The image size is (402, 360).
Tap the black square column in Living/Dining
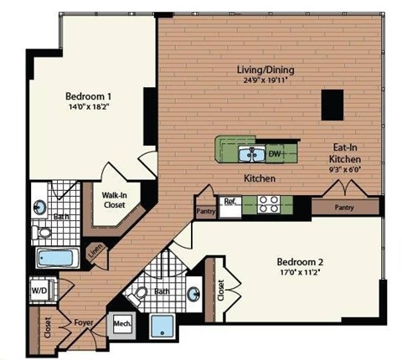(x=332, y=105)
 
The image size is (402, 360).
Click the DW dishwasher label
(x=274, y=154)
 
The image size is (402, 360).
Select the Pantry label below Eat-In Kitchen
(x=343, y=207)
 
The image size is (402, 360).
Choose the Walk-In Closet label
(x=114, y=200)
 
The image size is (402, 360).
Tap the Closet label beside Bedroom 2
(x=220, y=290)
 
